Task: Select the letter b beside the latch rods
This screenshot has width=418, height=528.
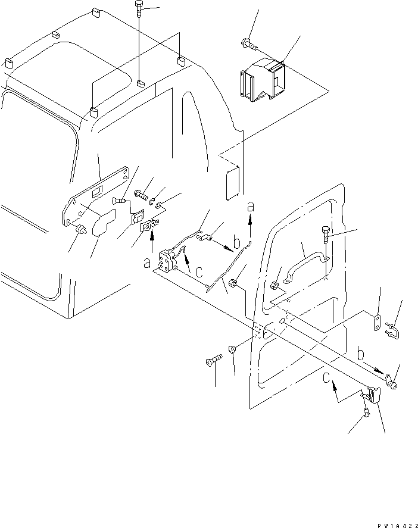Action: coord(238,243)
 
